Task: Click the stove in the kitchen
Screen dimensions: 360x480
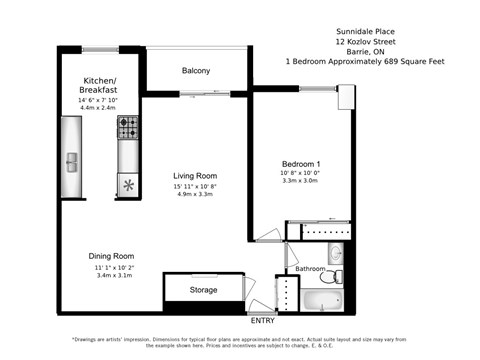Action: tap(129, 128)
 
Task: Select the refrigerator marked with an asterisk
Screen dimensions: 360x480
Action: tap(129, 185)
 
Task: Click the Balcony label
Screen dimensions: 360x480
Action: tap(196, 70)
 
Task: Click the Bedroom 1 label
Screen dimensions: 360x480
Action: tap(300, 163)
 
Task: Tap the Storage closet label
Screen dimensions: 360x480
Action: tap(204, 290)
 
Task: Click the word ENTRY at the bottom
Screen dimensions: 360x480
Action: tap(263, 321)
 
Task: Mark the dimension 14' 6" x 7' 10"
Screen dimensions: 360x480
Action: tap(100, 100)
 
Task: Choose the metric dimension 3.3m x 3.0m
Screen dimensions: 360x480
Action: tap(300, 182)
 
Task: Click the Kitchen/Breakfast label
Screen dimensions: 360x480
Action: tap(100, 84)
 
